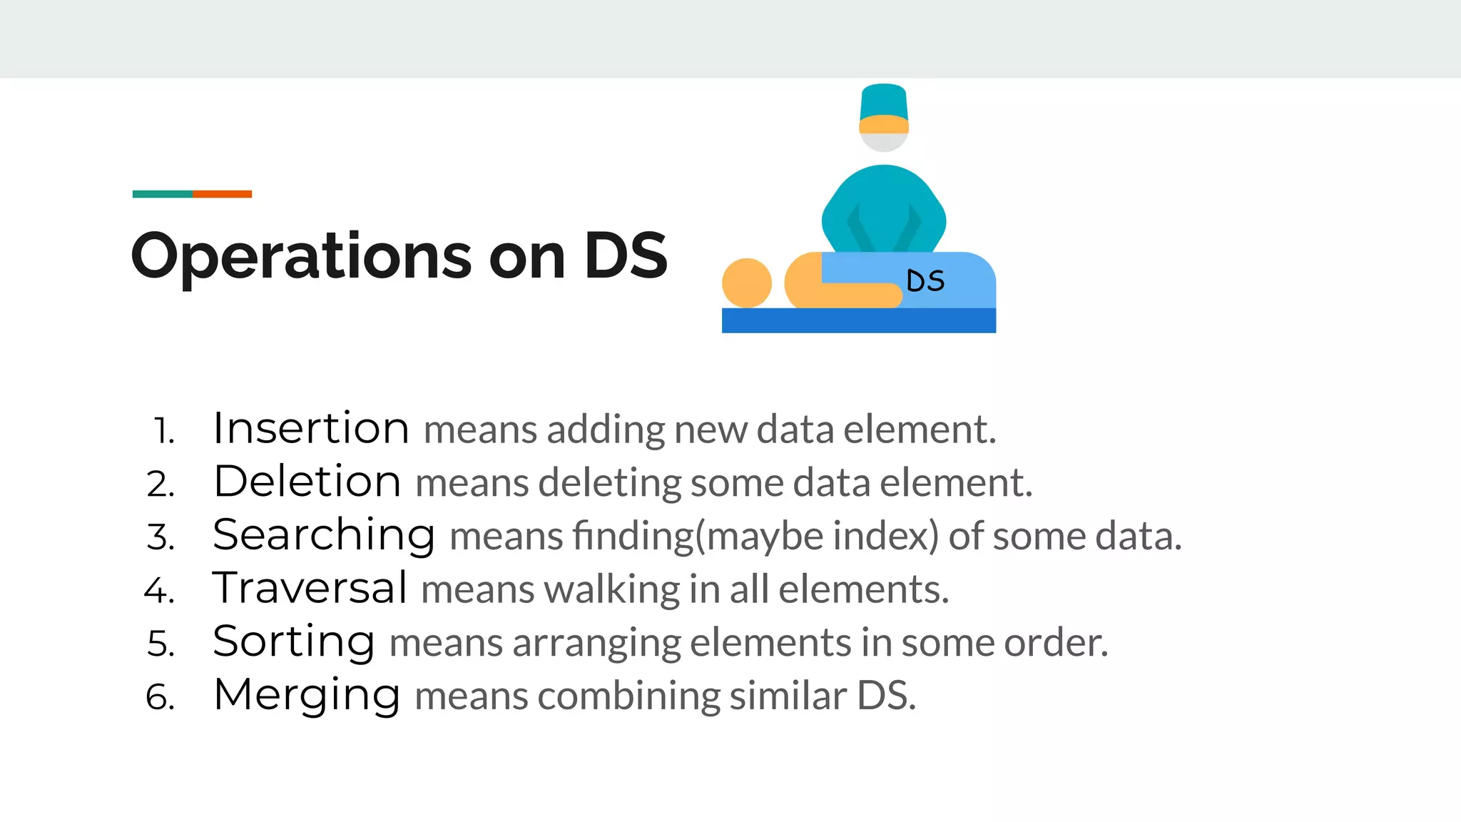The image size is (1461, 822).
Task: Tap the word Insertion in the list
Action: (311, 428)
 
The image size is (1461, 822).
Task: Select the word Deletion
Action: (307, 481)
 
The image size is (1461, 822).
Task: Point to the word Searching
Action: (324, 535)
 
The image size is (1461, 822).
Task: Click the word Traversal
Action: (310, 588)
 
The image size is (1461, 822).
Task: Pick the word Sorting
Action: (294, 641)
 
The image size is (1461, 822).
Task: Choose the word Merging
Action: (307, 695)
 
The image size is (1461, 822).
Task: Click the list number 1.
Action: (164, 431)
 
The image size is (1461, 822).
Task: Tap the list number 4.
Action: (160, 591)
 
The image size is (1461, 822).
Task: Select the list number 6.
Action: (161, 697)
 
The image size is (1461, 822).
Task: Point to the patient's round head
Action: (746, 283)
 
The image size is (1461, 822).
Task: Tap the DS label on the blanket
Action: (925, 281)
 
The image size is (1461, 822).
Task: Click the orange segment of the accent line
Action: (222, 194)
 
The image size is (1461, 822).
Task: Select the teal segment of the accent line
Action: (163, 194)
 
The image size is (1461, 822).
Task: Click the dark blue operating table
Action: (858, 320)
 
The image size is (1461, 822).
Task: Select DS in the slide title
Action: (626, 256)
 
